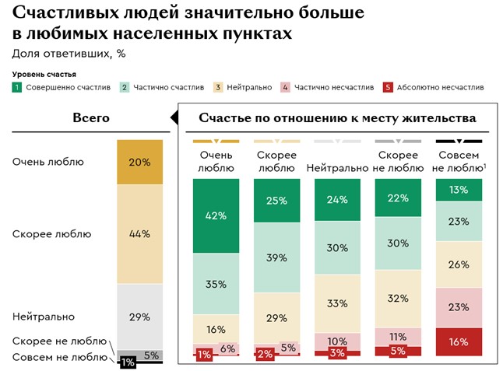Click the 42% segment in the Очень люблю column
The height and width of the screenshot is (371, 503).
click(x=216, y=216)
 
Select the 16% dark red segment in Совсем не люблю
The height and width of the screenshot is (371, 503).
click(x=459, y=341)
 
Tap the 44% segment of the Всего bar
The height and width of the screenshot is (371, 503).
click(x=139, y=233)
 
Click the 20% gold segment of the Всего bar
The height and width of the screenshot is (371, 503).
click(x=139, y=162)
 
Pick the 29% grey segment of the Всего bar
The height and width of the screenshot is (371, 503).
click(x=139, y=316)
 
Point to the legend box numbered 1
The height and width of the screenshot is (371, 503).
click(x=16, y=87)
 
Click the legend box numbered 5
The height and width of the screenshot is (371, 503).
click(x=388, y=87)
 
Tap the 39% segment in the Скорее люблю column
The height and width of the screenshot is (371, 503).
click(x=276, y=257)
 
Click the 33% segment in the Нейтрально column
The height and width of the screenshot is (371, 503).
click(x=337, y=303)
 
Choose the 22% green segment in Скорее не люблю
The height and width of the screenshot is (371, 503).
click(x=398, y=198)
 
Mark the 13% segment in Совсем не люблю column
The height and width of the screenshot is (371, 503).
click(x=459, y=190)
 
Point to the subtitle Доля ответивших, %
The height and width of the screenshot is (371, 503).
click(x=69, y=54)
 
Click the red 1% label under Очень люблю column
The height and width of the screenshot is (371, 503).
click(x=204, y=355)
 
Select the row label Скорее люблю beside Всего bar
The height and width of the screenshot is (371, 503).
click(x=52, y=233)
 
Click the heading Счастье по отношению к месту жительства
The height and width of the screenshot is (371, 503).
click(x=336, y=118)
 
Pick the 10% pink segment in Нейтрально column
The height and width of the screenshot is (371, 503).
click(x=337, y=341)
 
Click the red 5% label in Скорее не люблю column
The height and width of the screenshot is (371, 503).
click(x=398, y=351)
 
